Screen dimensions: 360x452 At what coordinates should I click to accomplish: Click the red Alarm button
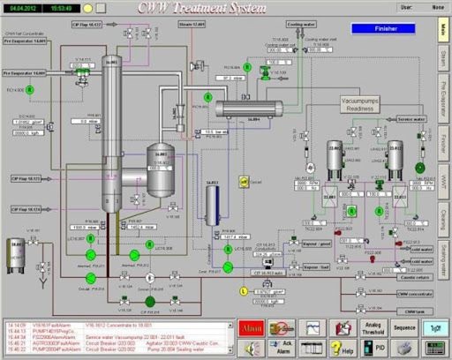(x=251, y=327)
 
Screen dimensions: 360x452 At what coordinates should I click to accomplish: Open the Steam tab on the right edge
(x=443, y=61)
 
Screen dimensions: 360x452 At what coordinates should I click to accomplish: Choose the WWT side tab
(x=443, y=181)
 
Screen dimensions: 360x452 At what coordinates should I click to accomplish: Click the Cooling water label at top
(x=299, y=25)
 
